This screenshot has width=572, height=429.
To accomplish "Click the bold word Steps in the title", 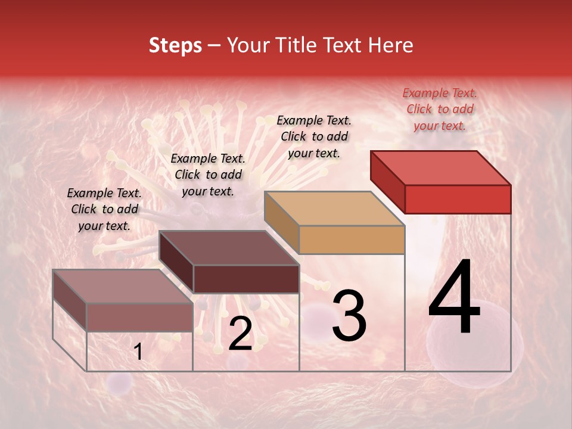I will pyautogui.click(x=175, y=45).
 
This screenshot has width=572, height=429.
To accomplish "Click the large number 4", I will pyautogui.click(x=455, y=299).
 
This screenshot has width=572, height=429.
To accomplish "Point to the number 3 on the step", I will pyautogui.click(x=349, y=316).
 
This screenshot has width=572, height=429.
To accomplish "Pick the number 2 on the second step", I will pyautogui.click(x=240, y=334).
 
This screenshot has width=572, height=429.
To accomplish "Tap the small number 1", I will pyautogui.click(x=138, y=352).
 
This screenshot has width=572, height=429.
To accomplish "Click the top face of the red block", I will pyautogui.click(x=441, y=168).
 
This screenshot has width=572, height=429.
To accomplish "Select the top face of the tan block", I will pyautogui.click(x=334, y=209).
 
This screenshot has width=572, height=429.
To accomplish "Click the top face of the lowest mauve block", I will pyautogui.click(x=122, y=287).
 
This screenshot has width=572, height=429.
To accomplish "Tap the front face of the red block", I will pyautogui.click(x=458, y=199).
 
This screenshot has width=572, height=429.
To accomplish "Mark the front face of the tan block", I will pyautogui.click(x=352, y=240).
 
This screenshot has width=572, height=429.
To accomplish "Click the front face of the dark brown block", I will pyautogui.click(x=246, y=279).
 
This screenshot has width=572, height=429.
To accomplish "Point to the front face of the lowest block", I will pyautogui.click(x=139, y=317).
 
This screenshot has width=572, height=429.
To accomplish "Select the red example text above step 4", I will pyautogui.click(x=440, y=109).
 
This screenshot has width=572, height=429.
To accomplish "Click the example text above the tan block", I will pyautogui.click(x=314, y=136).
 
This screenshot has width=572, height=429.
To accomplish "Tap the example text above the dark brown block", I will pyautogui.click(x=208, y=175).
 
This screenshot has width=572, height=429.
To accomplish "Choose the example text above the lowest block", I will pyautogui.click(x=104, y=209).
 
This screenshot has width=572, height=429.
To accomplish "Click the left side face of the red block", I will pyautogui.click(x=387, y=181).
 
